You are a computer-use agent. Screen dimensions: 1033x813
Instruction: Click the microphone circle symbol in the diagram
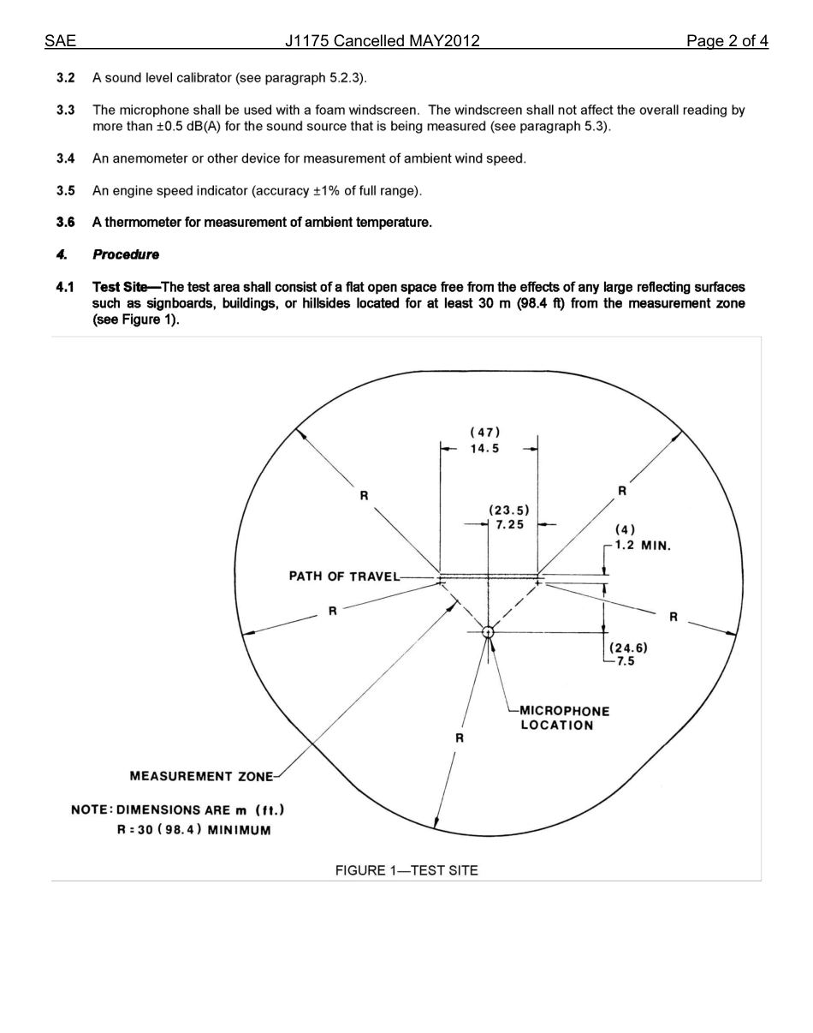(488, 632)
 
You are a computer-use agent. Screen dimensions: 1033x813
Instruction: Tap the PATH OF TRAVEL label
(344, 576)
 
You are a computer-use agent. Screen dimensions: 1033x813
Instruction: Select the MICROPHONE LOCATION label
(564, 718)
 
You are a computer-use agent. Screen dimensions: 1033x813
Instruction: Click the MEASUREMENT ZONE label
(201, 776)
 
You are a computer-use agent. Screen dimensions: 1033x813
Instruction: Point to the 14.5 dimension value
(484, 449)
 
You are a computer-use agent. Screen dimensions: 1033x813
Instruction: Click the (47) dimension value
(485, 433)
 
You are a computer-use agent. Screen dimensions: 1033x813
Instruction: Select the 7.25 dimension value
(510, 525)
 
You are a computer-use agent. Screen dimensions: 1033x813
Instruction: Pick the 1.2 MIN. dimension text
(642, 546)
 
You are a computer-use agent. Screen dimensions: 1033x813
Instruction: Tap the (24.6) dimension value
(628, 648)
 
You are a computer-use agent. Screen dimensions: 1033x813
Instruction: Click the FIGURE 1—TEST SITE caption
(406, 870)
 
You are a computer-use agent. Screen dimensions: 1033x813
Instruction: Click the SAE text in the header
(60, 41)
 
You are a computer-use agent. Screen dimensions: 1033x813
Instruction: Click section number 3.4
(65, 158)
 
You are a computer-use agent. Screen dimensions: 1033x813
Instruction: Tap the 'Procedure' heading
(126, 254)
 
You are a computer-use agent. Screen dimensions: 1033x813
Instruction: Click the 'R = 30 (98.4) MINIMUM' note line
(193, 830)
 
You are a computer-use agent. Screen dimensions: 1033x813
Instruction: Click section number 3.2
(65, 78)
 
